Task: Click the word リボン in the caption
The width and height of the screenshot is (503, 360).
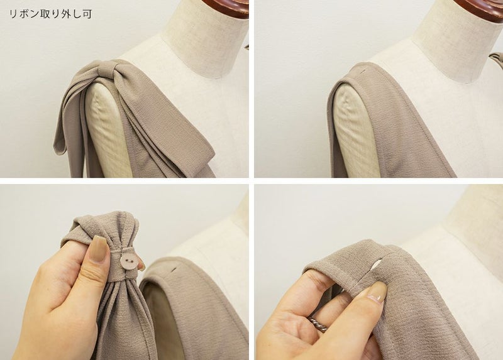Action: [x=25, y=14]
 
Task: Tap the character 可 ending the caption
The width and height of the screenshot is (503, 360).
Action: [x=87, y=14]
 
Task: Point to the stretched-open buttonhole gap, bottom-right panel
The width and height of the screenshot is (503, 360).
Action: [x=376, y=265]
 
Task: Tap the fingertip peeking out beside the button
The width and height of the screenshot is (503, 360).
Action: [x=141, y=265]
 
